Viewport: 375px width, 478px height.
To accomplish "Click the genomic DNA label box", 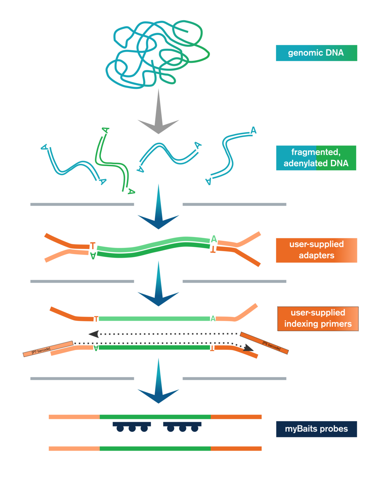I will [316, 53].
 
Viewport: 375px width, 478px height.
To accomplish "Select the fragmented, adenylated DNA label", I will [316, 158].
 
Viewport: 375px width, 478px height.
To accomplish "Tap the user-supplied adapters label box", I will [316, 250].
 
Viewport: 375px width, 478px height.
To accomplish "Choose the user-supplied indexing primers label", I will [318, 318].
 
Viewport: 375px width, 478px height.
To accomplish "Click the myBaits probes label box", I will [316, 429].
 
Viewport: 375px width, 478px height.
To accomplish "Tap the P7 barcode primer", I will [48, 349].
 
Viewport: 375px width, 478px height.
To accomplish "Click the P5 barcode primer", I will [264, 343].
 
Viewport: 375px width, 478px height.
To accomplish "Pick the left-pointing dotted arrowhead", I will [94, 334].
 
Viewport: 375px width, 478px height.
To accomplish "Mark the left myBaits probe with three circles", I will [132, 426].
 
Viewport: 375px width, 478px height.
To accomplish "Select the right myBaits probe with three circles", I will [182, 426].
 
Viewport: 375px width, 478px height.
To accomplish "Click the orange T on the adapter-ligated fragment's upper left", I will [92, 245].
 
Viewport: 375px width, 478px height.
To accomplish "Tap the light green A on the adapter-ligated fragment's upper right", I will [214, 239].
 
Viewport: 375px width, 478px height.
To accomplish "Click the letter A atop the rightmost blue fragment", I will [253, 130].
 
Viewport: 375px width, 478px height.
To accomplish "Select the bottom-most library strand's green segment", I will [155, 448].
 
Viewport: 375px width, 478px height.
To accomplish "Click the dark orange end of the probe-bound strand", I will [236, 417].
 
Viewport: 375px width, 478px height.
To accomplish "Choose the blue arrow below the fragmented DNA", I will [158, 210].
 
